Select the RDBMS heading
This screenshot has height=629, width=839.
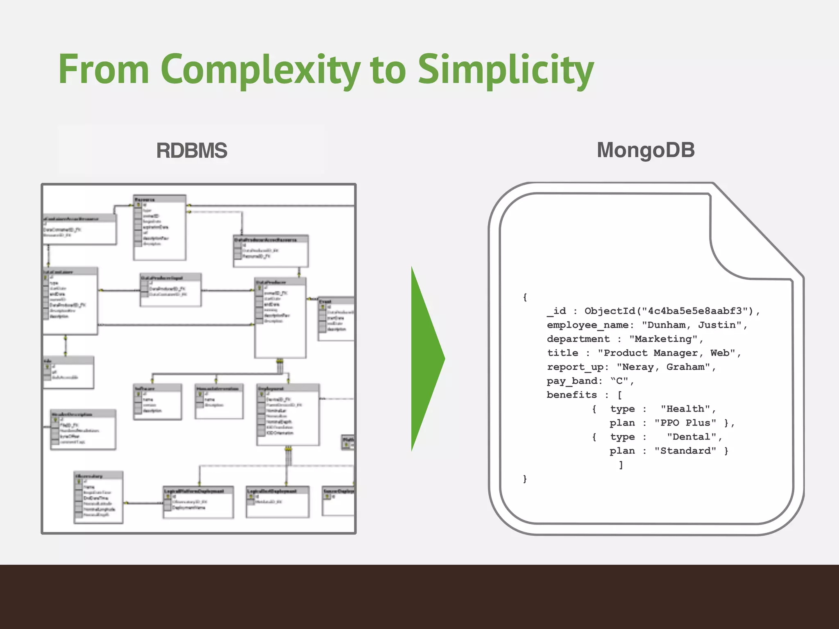point(191,150)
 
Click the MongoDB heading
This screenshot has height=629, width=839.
point(646,150)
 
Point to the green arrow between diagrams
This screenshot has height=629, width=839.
point(426,359)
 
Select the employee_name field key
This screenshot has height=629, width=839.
point(587,325)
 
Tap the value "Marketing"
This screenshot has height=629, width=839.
point(663,339)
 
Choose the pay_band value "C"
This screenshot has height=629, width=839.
point(619,381)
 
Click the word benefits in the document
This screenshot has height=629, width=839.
point(571,395)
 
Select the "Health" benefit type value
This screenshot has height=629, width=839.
point(685,409)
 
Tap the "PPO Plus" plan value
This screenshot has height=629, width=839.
point(685,423)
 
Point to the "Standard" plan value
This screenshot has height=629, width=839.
point(685,451)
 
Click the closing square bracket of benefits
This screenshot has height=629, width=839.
point(621,465)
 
